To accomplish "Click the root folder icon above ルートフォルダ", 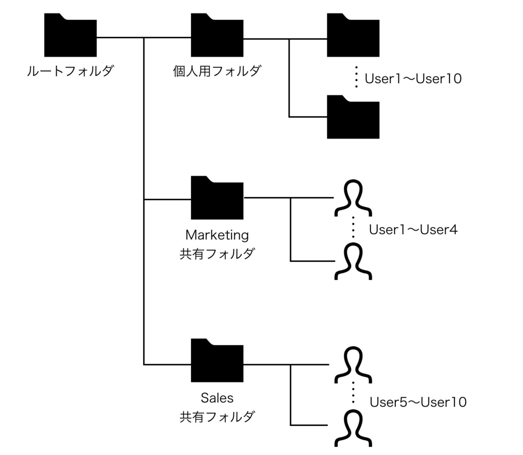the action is point(70,35).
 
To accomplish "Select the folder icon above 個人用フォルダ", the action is point(217,35).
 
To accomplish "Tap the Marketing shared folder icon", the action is point(217,198).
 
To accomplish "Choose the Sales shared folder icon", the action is point(217,360).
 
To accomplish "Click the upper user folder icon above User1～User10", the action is point(353,35).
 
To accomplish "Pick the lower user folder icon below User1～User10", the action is point(353,117).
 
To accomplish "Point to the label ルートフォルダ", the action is point(70,70).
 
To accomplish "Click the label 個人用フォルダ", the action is point(217,70).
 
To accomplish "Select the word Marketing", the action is point(217,235).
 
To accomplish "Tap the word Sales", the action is point(217,398).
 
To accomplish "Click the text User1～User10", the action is point(413,79).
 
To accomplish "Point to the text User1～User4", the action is point(413,230).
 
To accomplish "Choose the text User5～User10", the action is point(418,402).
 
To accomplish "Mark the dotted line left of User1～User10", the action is point(356,77).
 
